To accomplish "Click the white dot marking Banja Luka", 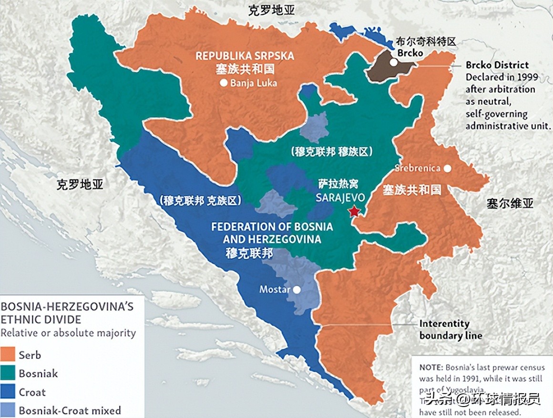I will tap(224, 83).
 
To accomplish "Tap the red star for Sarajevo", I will tap(354, 210).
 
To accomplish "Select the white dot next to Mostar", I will tap(297, 289).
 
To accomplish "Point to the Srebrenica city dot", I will tap(447, 168).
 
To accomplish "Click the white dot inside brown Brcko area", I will tap(393, 62).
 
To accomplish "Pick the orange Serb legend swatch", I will tap(8, 355).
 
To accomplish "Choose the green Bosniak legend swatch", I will tap(8, 373).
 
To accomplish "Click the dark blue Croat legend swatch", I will tap(8, 392).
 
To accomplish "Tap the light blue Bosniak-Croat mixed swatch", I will tap(8, 410).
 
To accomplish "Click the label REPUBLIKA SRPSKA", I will tap(245, 56).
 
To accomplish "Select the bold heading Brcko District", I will tap(497, 65).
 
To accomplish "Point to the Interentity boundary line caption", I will tap(451, 329).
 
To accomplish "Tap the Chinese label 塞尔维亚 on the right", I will tap(510, 204).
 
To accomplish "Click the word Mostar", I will tap(274, 289).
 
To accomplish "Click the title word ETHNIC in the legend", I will tap(20, 319).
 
